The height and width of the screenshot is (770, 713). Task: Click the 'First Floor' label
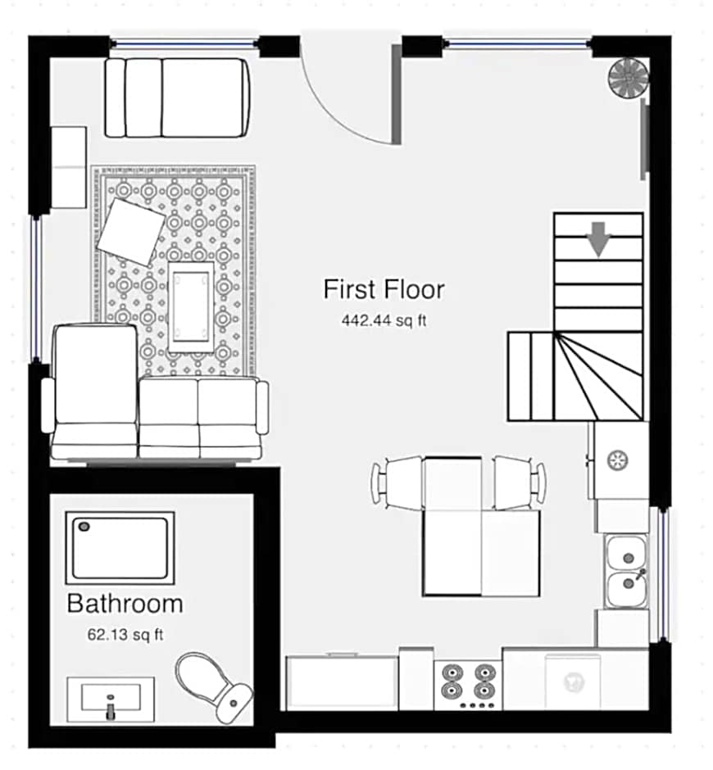384,289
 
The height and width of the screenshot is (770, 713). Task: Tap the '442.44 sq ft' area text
384,320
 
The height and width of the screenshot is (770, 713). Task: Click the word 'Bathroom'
125,604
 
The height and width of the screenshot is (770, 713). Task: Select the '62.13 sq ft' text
125,635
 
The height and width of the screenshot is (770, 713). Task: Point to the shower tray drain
84,527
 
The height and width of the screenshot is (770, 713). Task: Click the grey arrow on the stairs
598,239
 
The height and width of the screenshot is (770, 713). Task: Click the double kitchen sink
625,572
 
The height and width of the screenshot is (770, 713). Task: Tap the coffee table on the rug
191,307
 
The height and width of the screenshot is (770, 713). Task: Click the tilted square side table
132,233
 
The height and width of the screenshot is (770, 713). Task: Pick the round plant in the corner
629,79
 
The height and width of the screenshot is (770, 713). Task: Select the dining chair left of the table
397,483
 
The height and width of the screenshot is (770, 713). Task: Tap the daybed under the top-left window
178,97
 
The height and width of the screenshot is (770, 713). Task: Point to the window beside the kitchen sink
663,574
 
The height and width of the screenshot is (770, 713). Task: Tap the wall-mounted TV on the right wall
645,139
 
